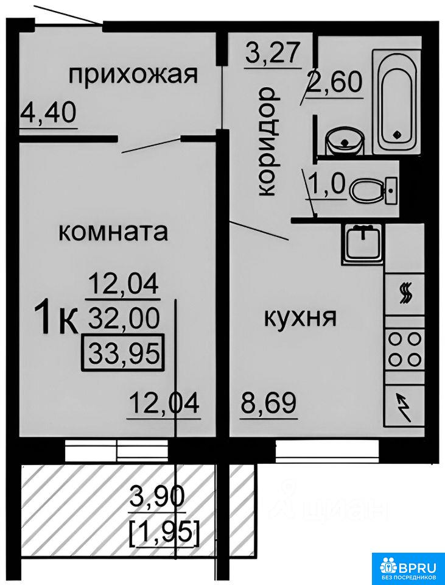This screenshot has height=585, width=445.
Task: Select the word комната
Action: pos(114,232)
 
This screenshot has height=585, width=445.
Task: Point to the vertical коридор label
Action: pos(267,142)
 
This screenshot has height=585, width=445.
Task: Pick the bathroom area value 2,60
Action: pos(334,82)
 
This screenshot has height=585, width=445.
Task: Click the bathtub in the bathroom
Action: pos(396,101)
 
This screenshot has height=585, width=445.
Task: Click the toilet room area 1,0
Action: pos(329,184)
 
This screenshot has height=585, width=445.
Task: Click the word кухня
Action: pos(300,318)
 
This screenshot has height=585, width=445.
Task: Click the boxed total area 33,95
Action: pos(124,353)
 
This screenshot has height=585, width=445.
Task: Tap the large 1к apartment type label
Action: pos(56,318)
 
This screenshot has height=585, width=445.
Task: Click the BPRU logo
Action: pos(408,567)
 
